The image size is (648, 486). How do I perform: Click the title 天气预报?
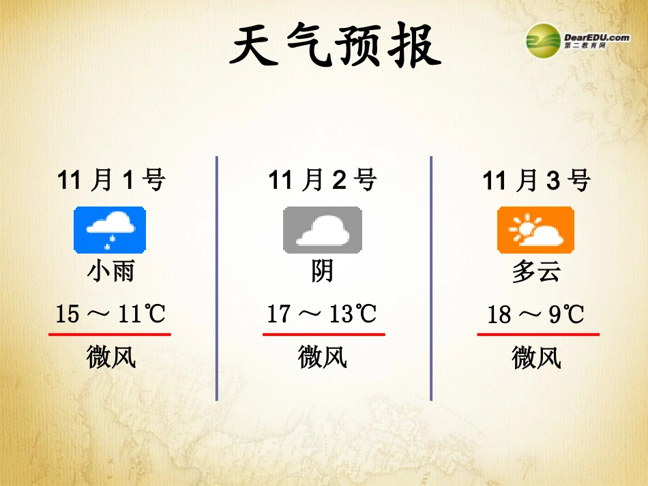(x=334, y=46)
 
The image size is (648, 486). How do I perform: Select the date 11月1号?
(x=111, y=181)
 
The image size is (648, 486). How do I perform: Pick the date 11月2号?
(x=323, y=181)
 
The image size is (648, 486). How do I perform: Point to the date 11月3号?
(x=536, y=181)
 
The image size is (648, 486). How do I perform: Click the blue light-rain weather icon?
(x=110, y=230)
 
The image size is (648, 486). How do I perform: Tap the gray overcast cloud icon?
(x=323, y=230)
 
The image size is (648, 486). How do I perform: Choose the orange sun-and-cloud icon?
(x=536, y=230)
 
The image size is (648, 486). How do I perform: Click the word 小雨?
(x=111, y=271)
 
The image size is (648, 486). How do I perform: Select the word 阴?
(x=323, y=271)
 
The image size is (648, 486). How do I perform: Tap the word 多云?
(x=536, y=271)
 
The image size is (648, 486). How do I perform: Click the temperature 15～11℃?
(x=111, y=314)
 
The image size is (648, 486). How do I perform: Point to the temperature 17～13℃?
(x=322, y=314)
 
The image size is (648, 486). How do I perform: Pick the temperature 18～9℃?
(x=536, y=314)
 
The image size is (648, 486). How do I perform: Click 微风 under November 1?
(x=111, y=356)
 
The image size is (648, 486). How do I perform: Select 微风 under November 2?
(x=323, y=356)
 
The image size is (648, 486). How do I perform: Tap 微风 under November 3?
(x=536, y=356)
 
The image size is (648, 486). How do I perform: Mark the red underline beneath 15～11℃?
(x=110, y=335)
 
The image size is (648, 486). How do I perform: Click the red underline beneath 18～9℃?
(x=537, y=335)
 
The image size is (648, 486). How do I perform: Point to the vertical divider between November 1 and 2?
(x=217, y=278)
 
